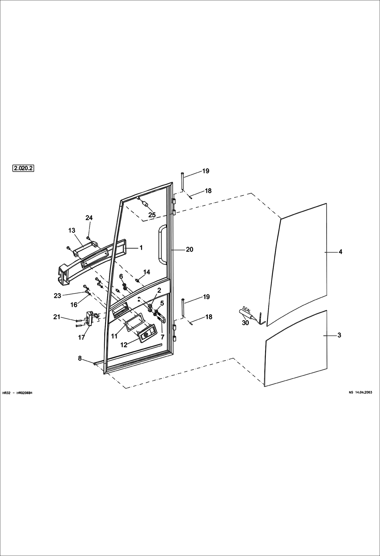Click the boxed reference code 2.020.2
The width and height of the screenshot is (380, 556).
click(23, 168)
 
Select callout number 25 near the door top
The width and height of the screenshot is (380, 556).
click(152, 215)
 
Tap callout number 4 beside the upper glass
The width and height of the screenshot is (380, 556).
click(340, 252)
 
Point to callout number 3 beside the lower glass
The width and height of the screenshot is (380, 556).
click(339, 335)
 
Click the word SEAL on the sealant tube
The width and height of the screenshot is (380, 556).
click(247, 309)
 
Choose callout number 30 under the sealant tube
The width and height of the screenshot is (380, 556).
click(245, 323)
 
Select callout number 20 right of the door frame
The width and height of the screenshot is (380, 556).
click(189, 250)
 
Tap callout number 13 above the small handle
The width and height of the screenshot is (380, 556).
click(72, 230)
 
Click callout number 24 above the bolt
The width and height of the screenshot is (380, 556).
click(89, 218)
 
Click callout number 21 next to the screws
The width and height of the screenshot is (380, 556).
click(57, 317)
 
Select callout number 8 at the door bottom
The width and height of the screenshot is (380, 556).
click(80, 358)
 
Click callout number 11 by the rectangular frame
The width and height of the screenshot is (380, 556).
click(114, 336)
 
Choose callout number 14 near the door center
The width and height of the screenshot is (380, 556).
click(147, 272)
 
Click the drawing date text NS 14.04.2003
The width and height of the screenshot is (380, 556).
click(360, 392)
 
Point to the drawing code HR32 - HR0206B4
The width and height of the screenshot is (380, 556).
click(17, 393)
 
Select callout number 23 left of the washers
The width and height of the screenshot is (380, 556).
click(58, 295)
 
